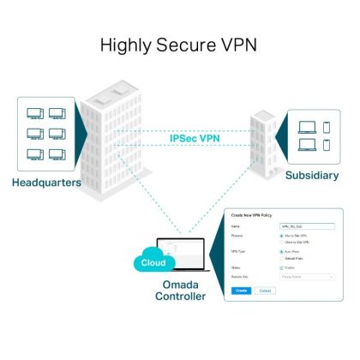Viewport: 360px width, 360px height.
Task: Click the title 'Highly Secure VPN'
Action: tap(179, 45)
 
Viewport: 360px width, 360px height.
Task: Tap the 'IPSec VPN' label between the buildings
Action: tap(194, 136)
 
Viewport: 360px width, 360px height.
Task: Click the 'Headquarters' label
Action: tap(47, 183)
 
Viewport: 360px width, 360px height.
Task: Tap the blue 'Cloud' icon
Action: tap(153, 263)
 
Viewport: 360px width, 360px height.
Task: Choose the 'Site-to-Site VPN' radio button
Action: tap(282, 235)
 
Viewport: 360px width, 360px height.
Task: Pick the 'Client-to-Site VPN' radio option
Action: tap(282, 243)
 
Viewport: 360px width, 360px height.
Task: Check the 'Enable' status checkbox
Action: tap(282, 267)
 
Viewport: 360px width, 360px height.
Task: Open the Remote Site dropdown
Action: tap(307, 277)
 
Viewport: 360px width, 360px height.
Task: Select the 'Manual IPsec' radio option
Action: tap(282, 257)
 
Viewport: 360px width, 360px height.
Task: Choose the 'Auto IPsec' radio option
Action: tap(282, 251)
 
